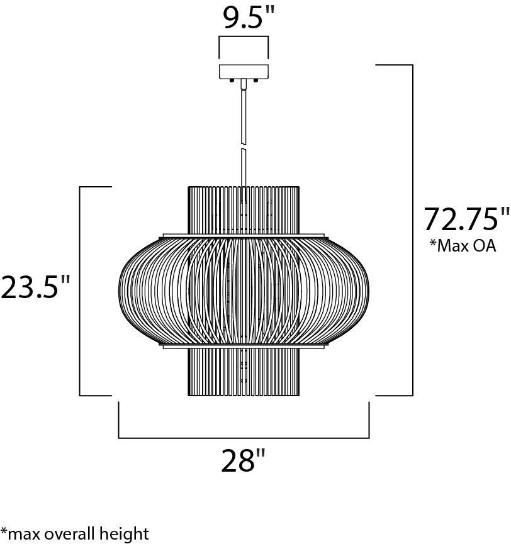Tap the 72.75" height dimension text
467,219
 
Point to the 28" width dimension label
243,460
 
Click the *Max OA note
463,245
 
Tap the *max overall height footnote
75,533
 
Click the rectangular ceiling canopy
244,71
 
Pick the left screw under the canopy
231,80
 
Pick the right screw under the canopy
256,80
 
